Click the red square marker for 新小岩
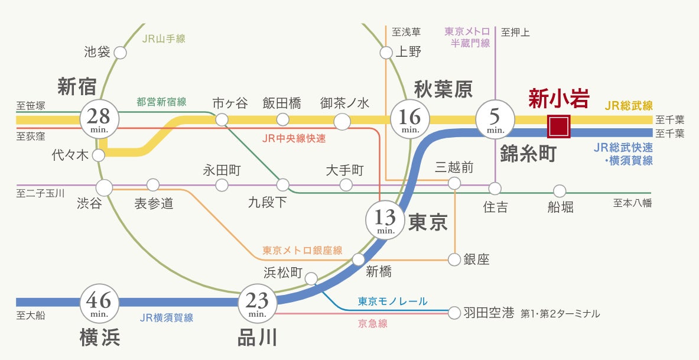click(x=558, y=126)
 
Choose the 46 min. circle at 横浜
click(x=99, y=302)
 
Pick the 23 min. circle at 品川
click(x=258, y=303)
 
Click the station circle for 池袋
click(x=120, y=53)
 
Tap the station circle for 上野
click(x=386, y=53)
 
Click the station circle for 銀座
click(x=454, y=259)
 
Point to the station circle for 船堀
click(x=559, y=191)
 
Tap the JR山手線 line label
click(x=164, y=39)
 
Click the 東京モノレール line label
click(x=392, y=301)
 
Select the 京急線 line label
click(x=372, y=323)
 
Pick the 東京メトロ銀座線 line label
click(x=303, y=251)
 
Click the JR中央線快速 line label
click(x=294, y=139)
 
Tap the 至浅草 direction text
click(x=404, y=32)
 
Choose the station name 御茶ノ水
click(x=344, y=103)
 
